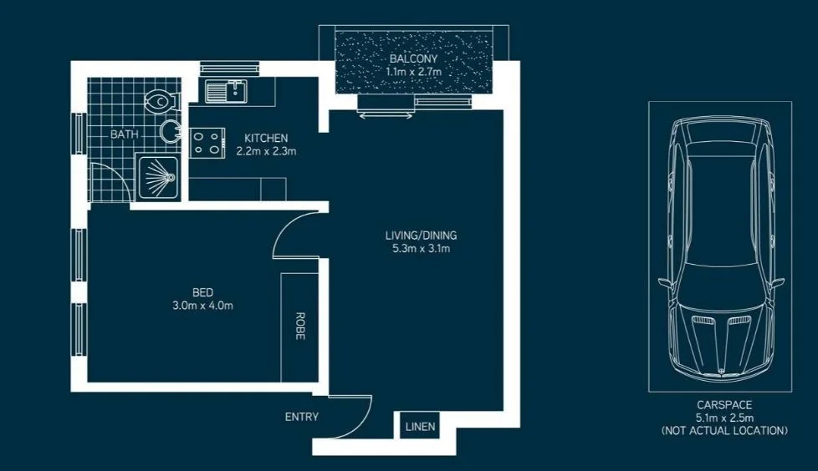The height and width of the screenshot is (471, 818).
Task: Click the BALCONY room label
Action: click(412, 60)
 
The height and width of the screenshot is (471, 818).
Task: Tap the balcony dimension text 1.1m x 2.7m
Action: click(412, 73)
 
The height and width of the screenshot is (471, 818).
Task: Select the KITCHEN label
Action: click(266, 138)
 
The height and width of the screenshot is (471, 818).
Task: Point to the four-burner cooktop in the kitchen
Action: click(208, 143)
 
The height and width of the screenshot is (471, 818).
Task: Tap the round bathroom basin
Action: click(171, 131)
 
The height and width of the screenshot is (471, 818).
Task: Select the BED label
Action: click(202, 292)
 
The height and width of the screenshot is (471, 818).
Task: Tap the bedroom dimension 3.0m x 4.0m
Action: click(202, 305)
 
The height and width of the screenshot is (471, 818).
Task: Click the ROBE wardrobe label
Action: click(299, 327)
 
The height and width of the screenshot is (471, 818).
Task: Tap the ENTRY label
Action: click(301, 417)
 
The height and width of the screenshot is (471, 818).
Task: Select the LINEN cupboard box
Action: click(420, 427)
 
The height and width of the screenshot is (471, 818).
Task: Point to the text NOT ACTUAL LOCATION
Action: click(723, 431)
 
